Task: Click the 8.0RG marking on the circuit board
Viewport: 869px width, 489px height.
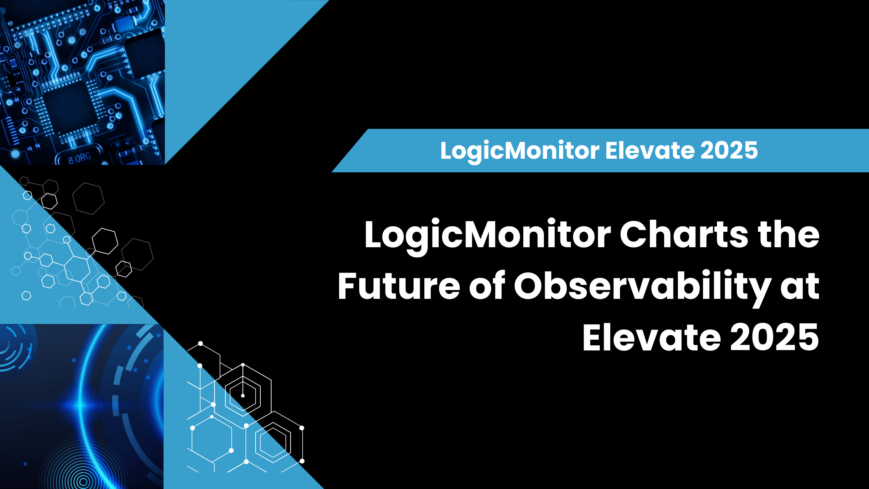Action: click(x=79, y=158)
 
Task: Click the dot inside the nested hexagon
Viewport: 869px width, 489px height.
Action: click(x=243, y=395)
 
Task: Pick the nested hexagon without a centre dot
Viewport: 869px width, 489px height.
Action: click(x=273, y=442)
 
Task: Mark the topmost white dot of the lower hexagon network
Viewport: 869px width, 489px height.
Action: click(x=201, y=343)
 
